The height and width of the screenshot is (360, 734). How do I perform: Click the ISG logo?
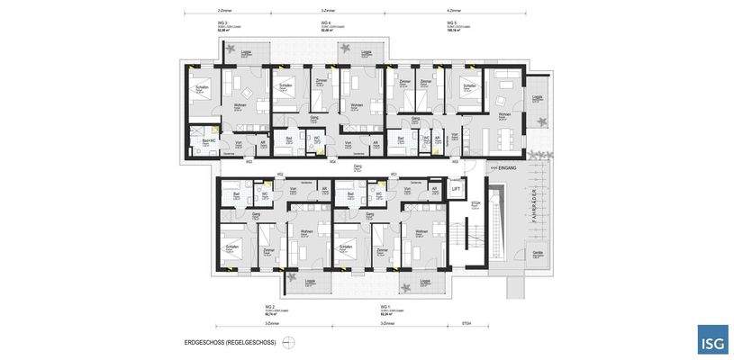[712, 339]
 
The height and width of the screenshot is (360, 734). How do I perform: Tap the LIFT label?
[456, 189]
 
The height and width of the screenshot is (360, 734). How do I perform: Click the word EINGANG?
[505, 167]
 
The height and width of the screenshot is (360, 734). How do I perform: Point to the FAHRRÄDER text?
[533, 204]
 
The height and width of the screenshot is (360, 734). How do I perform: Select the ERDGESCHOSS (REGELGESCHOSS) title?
[230, 342]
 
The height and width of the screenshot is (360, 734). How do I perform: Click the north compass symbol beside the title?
[288, 342]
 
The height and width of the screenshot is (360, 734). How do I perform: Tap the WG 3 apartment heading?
[222, 22]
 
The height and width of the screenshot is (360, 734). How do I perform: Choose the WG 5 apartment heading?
[451, 22]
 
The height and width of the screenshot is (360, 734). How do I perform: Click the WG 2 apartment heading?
[268, 306]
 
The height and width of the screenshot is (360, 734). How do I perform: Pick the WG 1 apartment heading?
[384, 306]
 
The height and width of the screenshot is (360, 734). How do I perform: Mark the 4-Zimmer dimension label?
[454, 11]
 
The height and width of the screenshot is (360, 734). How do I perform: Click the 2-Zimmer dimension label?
[224, 11]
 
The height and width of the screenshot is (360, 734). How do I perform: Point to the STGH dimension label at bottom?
[467, 323]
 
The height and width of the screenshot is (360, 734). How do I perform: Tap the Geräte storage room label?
[538, 253]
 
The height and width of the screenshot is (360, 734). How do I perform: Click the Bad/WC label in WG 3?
[209, 140]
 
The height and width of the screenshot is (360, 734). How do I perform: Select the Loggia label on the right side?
[537, 97]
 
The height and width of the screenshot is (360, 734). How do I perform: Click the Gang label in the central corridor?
[358, 166]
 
